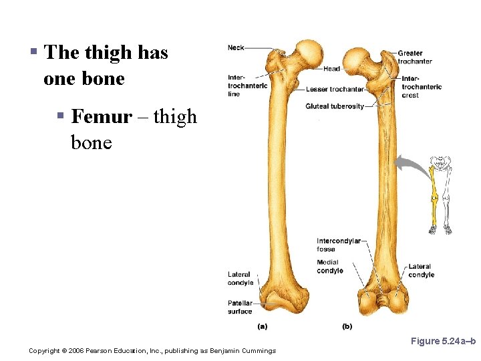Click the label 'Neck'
(236, 47)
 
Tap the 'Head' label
(331, 68)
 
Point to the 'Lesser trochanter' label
(335, 89)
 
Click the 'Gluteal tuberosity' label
(335, 106)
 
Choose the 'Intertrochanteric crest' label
(421, 87)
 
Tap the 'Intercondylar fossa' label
(338, 245)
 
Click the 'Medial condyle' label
(329, 266)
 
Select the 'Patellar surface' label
(240, 307)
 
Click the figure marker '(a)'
(263, 326)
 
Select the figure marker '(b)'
(347, 326)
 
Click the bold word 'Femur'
(102, 116)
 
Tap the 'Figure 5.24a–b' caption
(442, 341)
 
